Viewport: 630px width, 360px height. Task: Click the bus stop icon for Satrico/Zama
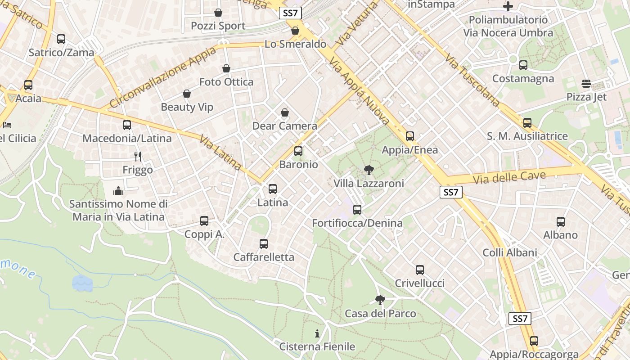click(x=61, y=39)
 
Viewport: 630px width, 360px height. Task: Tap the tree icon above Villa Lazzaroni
click(x=369, y=170)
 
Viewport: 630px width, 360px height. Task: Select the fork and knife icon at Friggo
click(x=138, y=157)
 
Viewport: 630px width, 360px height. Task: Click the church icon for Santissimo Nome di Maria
click(x=118, y=191)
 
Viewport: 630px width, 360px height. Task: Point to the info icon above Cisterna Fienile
click(x=317, y=333)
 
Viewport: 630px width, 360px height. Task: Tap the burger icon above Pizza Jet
click(x=586, y=84)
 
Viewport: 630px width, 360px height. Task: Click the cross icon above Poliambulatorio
click(x=508, y=6)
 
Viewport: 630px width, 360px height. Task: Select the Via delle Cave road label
click(x=509, y=177)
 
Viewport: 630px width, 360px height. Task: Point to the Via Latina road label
click(x=220, y=153)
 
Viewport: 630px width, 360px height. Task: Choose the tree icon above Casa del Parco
click(x=380, y=300)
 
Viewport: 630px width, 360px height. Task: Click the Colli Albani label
click(x=510, y=252)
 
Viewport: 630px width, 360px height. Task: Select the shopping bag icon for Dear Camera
click(x=284, y=112)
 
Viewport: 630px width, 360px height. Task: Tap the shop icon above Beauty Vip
click(x=187, y=94)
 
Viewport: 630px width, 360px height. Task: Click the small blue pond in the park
click(x=82, y=283)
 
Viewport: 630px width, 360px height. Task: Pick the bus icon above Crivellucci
click(x=419, y=270)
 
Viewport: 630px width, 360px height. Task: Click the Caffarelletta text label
click(x=264, y=257)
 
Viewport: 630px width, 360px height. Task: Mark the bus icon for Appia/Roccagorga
click(x=534, y=341)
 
